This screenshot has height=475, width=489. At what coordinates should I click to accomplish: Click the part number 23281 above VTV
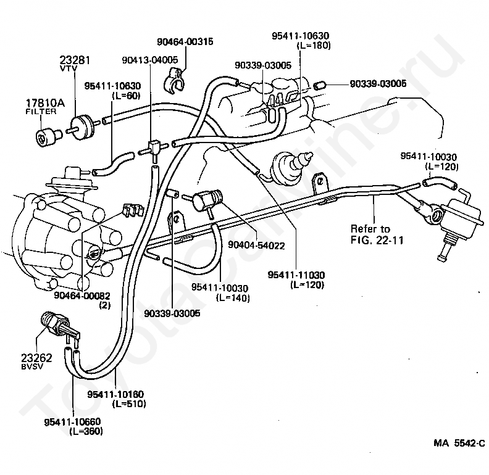click(x=75, y=60)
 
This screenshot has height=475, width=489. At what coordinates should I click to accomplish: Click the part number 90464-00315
click(x=185, y=41)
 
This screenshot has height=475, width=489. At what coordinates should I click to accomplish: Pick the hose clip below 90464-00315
click(x=173, y=81)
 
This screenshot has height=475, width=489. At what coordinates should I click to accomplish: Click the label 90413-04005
click(x=150, y=60)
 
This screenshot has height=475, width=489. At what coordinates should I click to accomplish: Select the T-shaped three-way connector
click(x=153, y=148)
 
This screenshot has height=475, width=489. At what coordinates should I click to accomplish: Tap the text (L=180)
click(x=314, y=46)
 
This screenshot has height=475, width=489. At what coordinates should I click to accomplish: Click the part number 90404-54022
click(x=256, y=246)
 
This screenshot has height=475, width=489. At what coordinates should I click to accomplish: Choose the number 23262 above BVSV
click(x=37, y=358)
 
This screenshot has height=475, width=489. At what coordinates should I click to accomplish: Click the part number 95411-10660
click(x=73, y=422)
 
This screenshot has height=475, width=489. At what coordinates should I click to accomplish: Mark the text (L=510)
click(x=129, y=403)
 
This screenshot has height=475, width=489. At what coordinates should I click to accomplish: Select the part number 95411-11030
click(x=296, y=275)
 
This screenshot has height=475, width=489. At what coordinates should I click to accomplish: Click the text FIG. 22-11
click(x=377, y=241)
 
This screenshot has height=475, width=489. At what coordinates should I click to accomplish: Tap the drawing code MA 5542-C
click(x=459, y=443)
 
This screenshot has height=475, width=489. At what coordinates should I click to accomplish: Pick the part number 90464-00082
click(x=82, y=295)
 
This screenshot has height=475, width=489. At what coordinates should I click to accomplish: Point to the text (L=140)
click(x=233, y=298)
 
